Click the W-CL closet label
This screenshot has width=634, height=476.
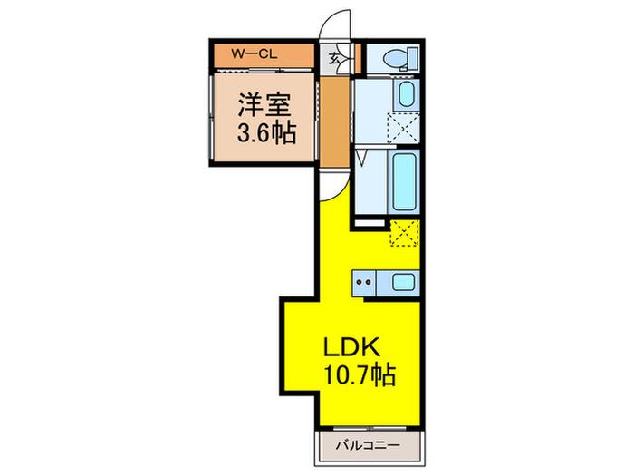click(254, 54)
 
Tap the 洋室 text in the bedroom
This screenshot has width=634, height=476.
click(264, 105)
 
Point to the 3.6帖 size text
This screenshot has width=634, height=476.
click(266, 132)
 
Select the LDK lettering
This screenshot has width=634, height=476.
click(351, 347)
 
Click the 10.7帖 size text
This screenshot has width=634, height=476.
click(360, 374)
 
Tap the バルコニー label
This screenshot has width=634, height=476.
click(368, 446)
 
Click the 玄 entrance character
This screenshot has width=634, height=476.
click(334, 59)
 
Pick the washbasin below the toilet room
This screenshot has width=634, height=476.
click(407, 94)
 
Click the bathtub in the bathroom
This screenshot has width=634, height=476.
click(404, 182)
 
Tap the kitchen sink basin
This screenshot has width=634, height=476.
click(403, 282)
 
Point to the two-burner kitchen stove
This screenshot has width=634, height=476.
click(363, 282)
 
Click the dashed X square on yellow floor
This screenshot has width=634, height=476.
click(404, 233)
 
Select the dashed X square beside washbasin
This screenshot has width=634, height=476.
click(403, 129)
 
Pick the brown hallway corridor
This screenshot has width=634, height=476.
click(335, 122)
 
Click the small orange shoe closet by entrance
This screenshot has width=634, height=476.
click(358, 59)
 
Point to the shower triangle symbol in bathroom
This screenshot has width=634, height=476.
click(362, 158)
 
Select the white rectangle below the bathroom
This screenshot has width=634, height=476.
click(370, 223)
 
